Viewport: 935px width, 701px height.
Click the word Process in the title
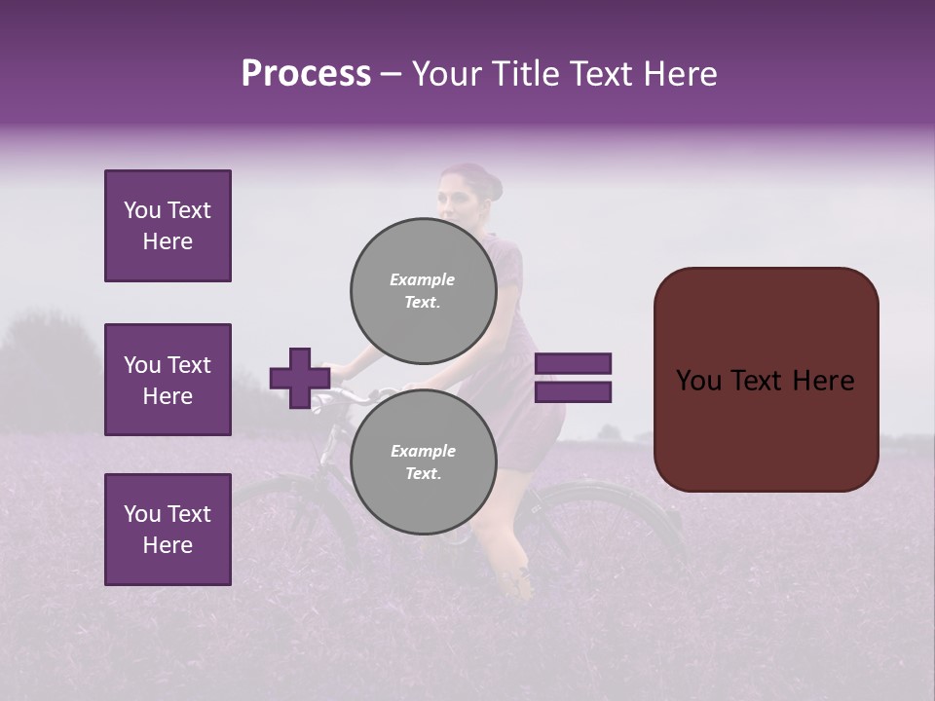tap(306, 74)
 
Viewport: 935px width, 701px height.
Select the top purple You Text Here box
tap(168, 226)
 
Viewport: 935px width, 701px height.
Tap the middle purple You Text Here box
tap(168, 380)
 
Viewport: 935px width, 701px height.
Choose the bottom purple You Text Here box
tap(168, 530)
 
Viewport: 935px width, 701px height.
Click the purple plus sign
tap(300, 378)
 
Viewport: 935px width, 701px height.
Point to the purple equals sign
tap(574, 378)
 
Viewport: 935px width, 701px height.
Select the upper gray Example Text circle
tap(423, 290)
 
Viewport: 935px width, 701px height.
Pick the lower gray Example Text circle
tap(423, 461)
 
